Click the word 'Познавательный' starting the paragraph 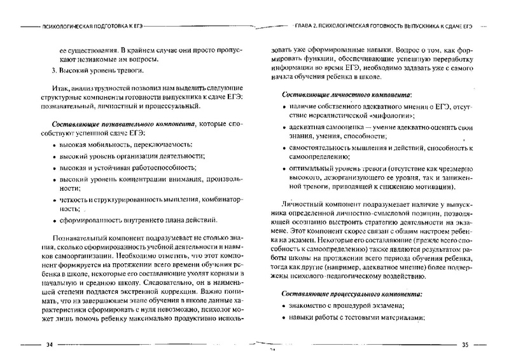pyautogui.click(x=82, y=239)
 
